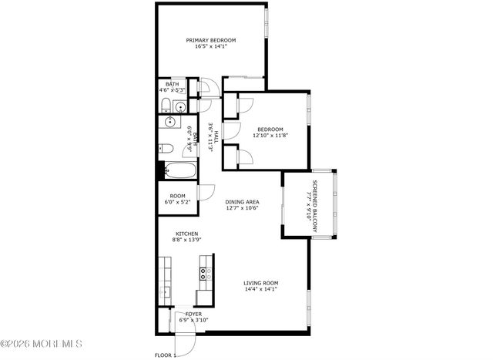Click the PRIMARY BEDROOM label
(210, 40)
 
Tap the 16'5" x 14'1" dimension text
(210, 47)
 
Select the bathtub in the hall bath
(179, 170)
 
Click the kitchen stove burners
(204, 272)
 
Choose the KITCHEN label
(187, 234)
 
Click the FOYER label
(193, 315)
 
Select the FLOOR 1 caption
(166, 355)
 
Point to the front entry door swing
(185, 341)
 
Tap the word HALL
(218, 136)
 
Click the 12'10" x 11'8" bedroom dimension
(270, 136)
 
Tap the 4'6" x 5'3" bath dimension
(173, 90)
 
